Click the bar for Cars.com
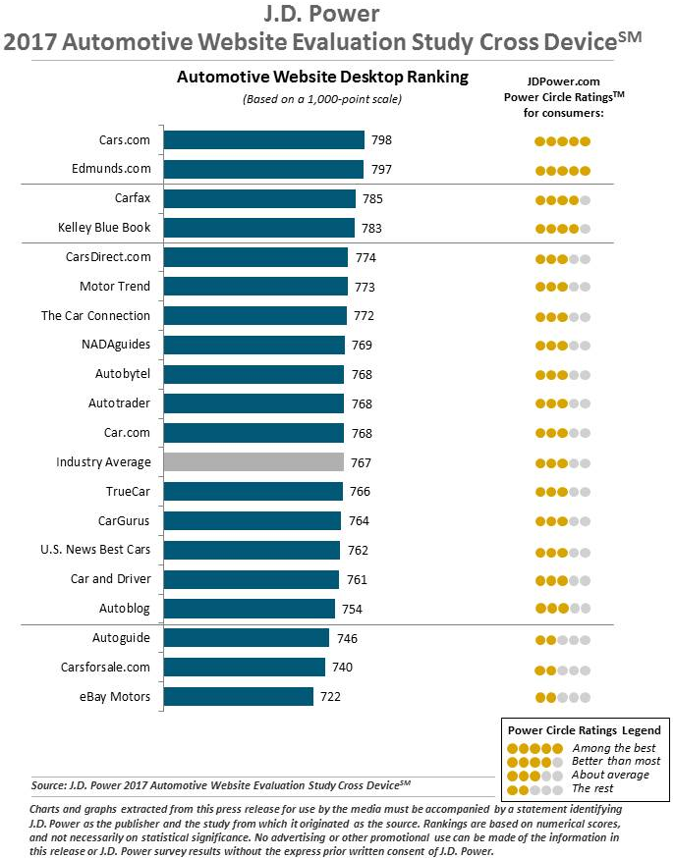pos(263,140)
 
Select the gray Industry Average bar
pos(253,461)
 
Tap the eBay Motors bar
pos(238,697)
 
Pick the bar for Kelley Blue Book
pos(258,228)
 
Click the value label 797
pos(381,170)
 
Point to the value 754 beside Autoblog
pos(352,610)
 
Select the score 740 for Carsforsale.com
pos(342,668)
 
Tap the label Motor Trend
pos(115,287)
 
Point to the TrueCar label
pos(128,491)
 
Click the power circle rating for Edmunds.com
pos(562,171)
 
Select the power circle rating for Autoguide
pos(562,640)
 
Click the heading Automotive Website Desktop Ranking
pos(322,77)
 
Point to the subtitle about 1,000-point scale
pos(322,99)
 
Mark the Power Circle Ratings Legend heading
pos(584,730)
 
